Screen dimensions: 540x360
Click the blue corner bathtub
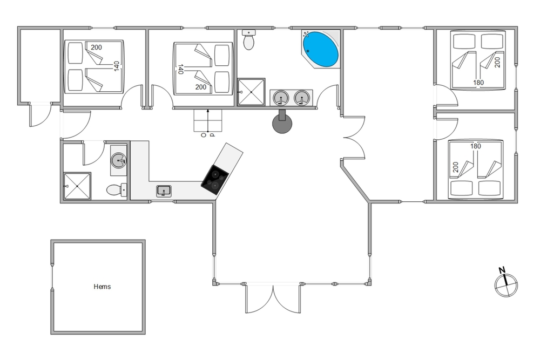pos(320,49)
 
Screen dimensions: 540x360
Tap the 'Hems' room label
pos(102,287)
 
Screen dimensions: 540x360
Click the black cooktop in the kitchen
pos(215,180)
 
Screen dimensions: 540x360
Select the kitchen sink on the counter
pos(164,191)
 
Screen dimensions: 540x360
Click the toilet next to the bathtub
pos(248,39)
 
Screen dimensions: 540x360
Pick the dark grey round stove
pos(282,123)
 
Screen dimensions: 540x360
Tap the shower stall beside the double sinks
pos(252,92)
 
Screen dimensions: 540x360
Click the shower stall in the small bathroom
pos(77,186)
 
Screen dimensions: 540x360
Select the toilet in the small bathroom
pos(117,190)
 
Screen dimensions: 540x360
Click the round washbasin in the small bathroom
pos(119,160)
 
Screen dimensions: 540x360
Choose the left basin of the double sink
pos(281,98)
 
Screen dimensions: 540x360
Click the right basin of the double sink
pos(302,98)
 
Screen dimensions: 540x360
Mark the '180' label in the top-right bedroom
pos(478,83)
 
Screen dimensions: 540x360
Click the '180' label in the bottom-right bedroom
pos(476,146)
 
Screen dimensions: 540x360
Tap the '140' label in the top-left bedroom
pos(117,66)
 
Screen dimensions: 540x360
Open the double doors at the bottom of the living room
pos(273,298)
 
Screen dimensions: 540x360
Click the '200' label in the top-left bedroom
pos(97,47)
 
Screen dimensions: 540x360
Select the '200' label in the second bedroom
pos(201,87)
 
